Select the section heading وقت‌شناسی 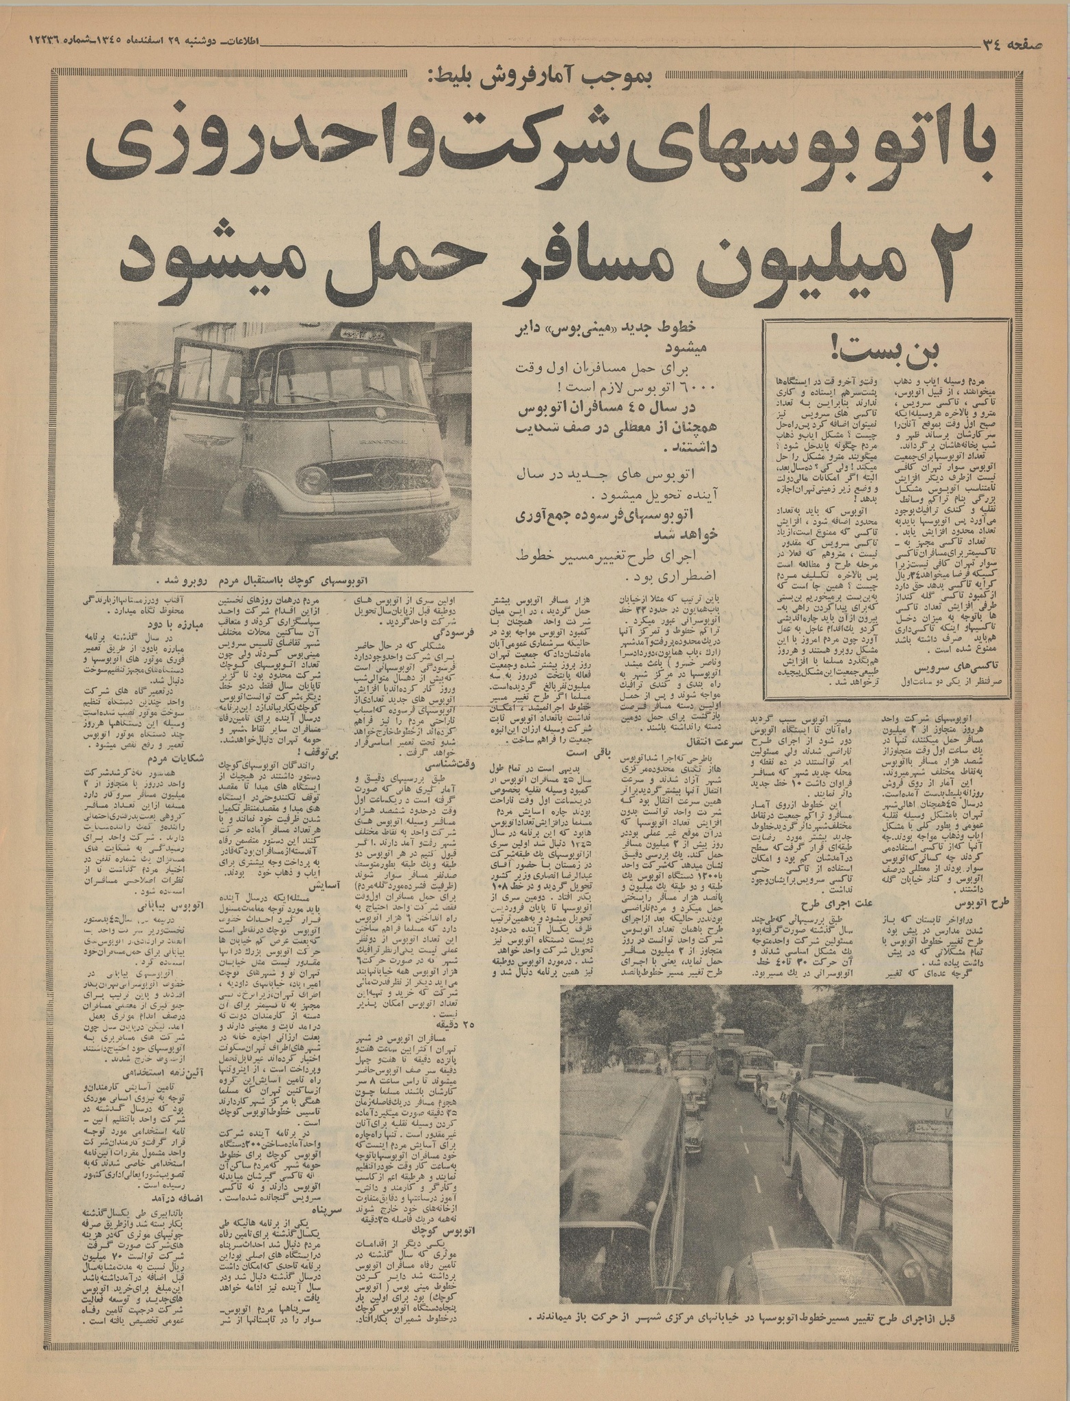click(451, 765)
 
